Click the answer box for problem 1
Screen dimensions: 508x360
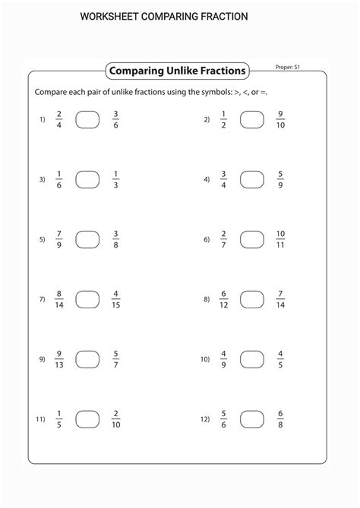(x=87, y=119)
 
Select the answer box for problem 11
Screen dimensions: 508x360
(x=87, y=419)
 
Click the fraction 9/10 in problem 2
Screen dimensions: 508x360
(x=280, y=119)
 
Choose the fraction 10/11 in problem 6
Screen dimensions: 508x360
(x=280, y=239)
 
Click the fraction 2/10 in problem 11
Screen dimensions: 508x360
(x=115, y=419)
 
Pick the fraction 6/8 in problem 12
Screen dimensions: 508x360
(x=280, y=419)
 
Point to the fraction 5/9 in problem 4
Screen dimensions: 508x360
(x=280, y=179)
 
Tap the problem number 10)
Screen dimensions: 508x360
(x=205, y=360)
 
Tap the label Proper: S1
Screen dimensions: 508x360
(x=289, y=68)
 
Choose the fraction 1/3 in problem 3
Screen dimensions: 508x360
(x=115, y=179)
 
